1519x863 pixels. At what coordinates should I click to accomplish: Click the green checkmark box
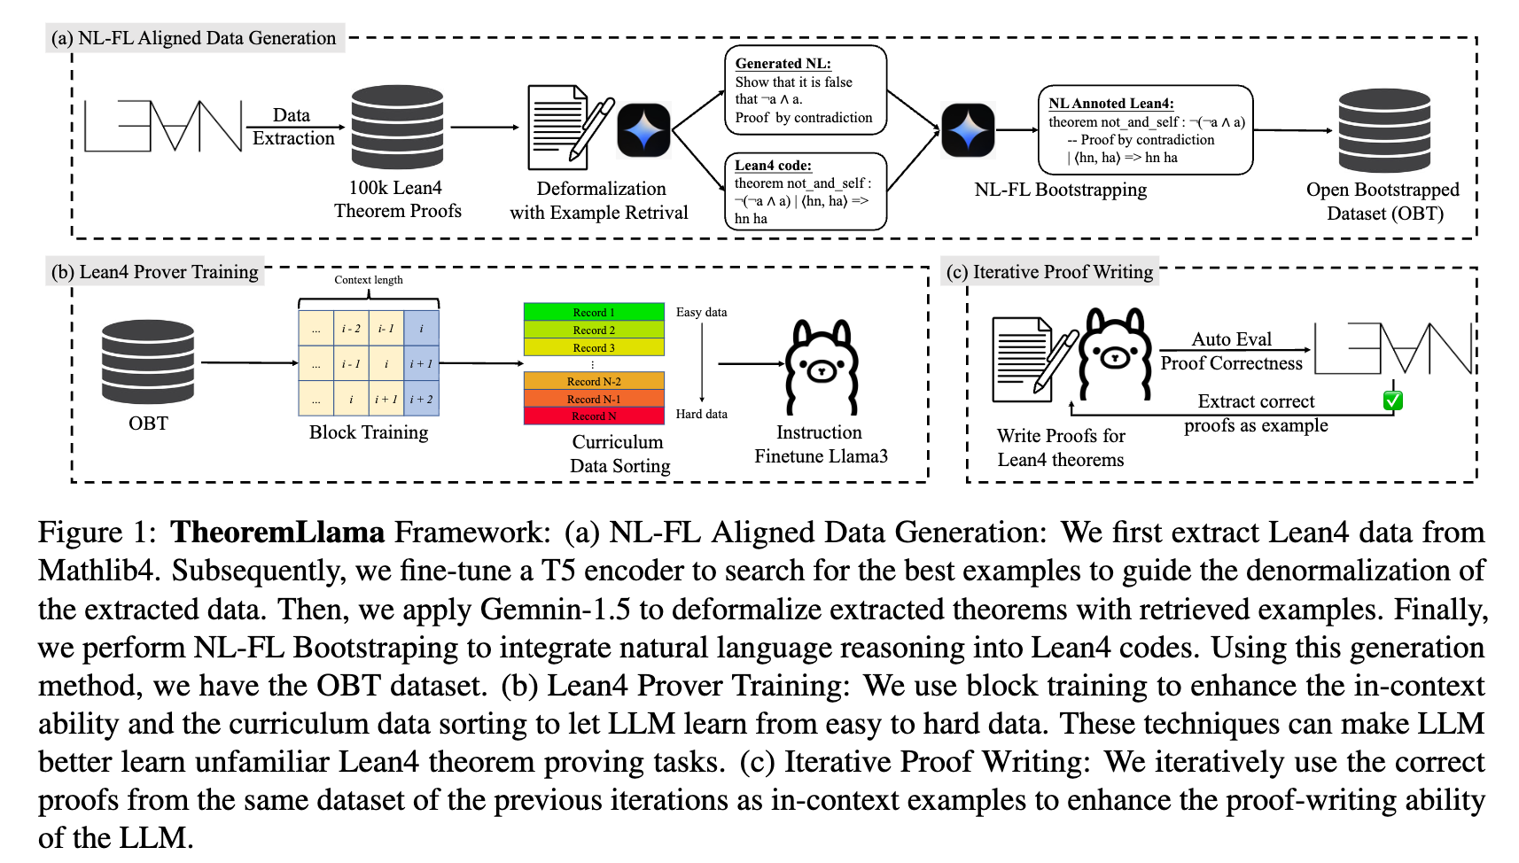[x=1392, y=400]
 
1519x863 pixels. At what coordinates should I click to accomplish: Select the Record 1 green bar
[x=594, y=312]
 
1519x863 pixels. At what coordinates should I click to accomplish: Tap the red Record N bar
[x=594, y=416]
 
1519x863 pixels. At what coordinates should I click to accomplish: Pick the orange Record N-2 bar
[x=594, y=381]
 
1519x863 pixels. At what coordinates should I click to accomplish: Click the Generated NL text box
[x=805, y=90]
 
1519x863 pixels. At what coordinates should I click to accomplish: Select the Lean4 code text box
[x=805, y=191]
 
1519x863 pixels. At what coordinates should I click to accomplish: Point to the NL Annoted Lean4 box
[x=1145, y=130]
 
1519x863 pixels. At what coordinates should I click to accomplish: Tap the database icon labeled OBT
[x=148, y=362]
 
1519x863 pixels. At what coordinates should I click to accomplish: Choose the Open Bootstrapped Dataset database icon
[x=1384, y=130]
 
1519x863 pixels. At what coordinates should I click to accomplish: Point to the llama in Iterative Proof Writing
[x=1114, y=354]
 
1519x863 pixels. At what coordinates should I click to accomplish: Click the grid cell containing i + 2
[x=421, y=399]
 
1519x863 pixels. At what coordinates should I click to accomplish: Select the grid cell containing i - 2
[x=351, y=329]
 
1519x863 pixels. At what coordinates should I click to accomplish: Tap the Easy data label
[x=701, y=312]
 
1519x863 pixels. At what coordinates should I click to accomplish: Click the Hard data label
[x=701, y=414]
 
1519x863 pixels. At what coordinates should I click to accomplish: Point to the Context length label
[x=369, y=280]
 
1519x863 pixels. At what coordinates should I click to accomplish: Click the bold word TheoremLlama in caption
[x=277, y=532]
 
